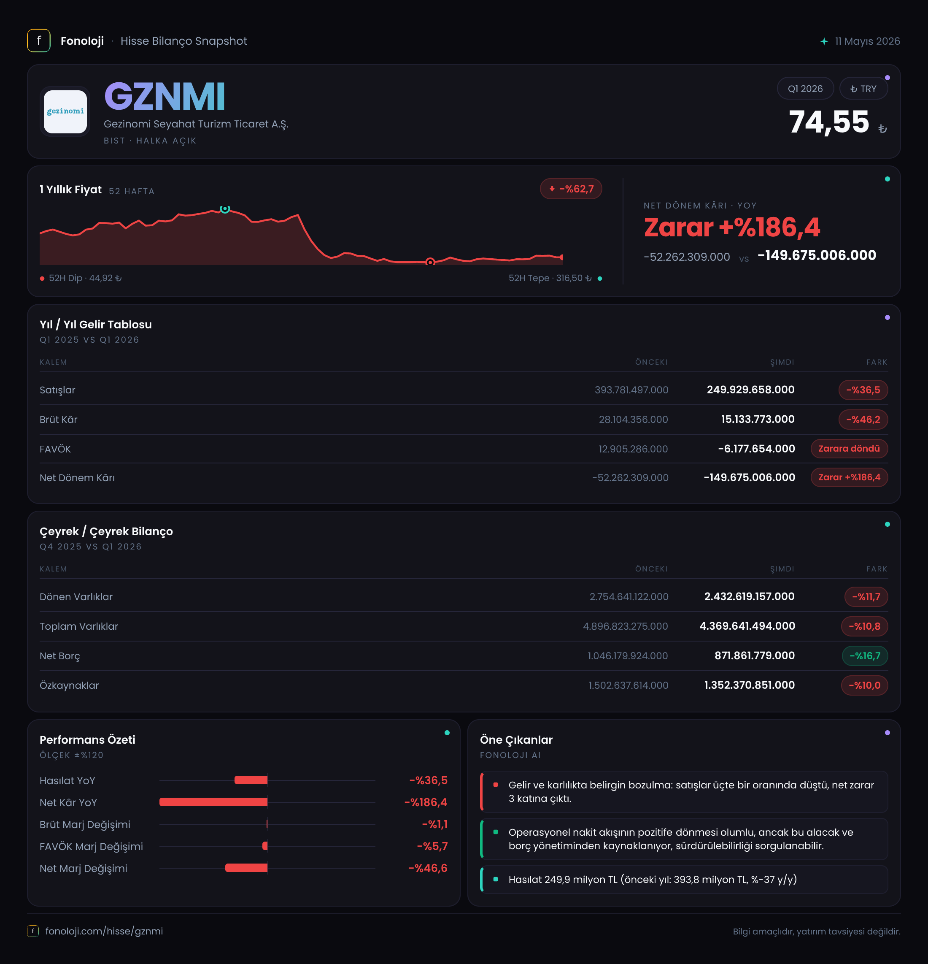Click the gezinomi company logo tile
click(x=65, y=112)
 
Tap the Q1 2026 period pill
click(x=805, y=89)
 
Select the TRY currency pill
click(x=863, y=89)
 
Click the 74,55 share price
click(x=829, y=122)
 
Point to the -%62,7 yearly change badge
click(x=571, y=189)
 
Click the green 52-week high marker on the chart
click(x=225, y=209)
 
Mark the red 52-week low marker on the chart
click(x=430, y=262)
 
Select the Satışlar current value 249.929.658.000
click(x=750, y=390)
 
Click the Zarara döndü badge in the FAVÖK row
click(x=849, y=449)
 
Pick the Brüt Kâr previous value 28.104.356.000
click(x=633, y=420)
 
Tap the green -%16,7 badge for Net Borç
click(x=865, y=655)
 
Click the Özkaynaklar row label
click(x=69, y=685)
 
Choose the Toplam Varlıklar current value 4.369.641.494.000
click(x=747, y=626)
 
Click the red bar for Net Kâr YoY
click(x=213, y=802)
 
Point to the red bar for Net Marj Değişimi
click(x=246, y=868)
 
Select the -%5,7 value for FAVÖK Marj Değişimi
click(x=432, y=846)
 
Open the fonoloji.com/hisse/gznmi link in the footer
click(x=104, y=931)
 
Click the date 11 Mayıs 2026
click(x=867, y=41)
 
